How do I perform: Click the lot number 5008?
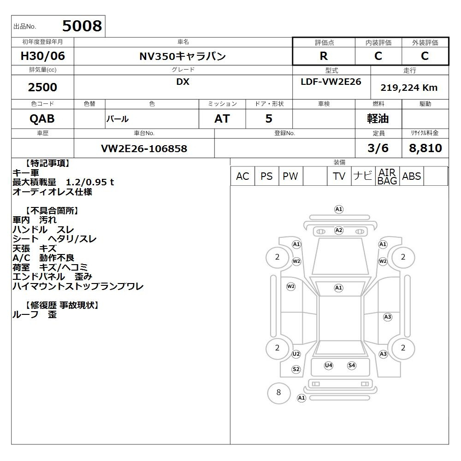coord(82,26)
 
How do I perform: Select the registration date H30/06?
coord(42,56)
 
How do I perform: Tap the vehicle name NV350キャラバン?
coord(183,56)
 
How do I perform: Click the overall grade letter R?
coord(324,56)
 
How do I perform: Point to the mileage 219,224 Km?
coord(409,88)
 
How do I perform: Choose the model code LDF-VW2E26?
coord(331,82)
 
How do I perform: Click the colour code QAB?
coord(42,119)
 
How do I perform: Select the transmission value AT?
coord(222,119)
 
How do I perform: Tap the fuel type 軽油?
coord(378,119)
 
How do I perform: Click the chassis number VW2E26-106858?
coord(144,148)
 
